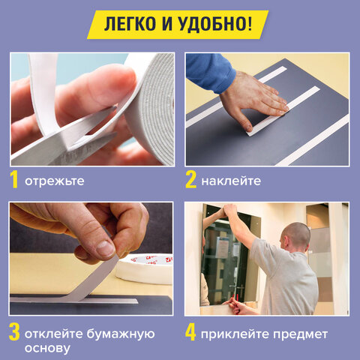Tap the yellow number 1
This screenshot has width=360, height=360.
14,181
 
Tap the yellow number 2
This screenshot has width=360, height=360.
190,181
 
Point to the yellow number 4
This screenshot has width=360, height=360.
191,333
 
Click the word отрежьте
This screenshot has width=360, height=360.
54,181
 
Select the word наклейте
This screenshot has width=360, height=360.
232,181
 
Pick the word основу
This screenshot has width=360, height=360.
47,349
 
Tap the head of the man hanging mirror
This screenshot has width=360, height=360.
297,235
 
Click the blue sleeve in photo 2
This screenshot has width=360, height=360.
210,71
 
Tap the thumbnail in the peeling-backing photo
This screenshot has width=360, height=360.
106,248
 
